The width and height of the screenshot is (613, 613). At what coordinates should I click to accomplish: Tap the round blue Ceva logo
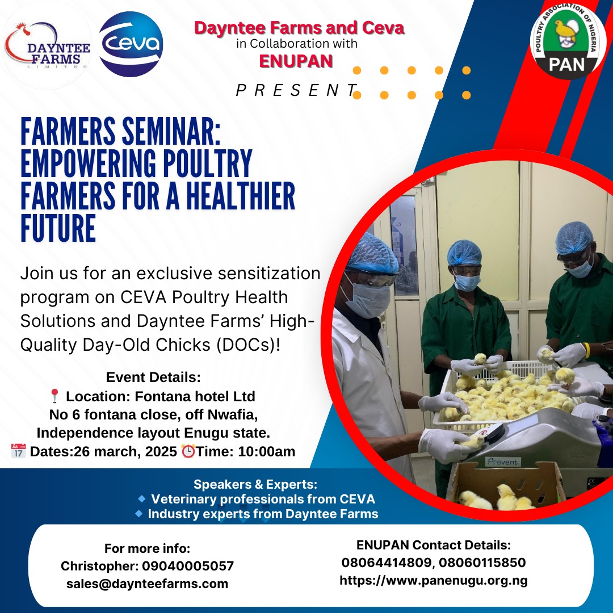point(131,44)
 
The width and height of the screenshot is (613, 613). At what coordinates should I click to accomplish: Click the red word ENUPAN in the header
point(296,61)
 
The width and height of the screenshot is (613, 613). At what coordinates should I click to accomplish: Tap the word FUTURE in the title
point(58,228)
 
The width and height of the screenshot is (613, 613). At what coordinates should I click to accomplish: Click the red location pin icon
point(54,396)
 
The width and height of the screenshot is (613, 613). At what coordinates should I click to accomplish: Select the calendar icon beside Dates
point(18,451)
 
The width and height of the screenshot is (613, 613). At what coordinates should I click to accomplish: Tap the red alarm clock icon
point(188,451)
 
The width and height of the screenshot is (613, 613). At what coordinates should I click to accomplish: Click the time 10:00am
point(267,451)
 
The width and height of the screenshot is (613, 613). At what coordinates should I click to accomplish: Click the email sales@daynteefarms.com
point(148,583)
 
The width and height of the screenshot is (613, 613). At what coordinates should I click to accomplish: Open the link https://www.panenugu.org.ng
point(434,580)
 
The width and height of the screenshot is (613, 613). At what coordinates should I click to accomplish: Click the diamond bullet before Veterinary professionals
point(141,498)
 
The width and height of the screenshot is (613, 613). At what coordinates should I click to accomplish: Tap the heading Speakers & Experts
point(255,484)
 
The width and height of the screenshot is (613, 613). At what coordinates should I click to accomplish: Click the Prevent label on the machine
point(502,461)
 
